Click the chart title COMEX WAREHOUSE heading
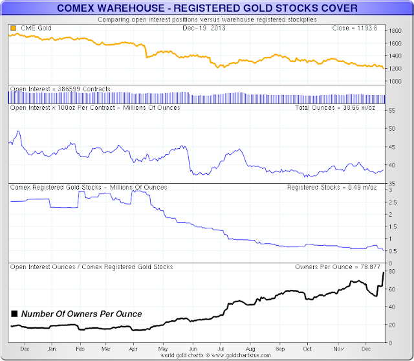[207, 9]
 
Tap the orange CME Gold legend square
[13, 29]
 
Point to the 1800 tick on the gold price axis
[394, 31]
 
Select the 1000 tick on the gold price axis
[394, 81]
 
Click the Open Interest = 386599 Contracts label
[60, 89]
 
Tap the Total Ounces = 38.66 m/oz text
[348, 107]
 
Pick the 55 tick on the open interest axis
[391, 111]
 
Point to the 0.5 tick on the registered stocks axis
[393, 251]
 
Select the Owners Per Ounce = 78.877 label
[340, 267]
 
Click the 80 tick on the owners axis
[391, 272]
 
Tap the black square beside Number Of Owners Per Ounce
[14, 314]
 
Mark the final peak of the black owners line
[384, 272]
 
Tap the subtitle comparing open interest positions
[207, 19]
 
